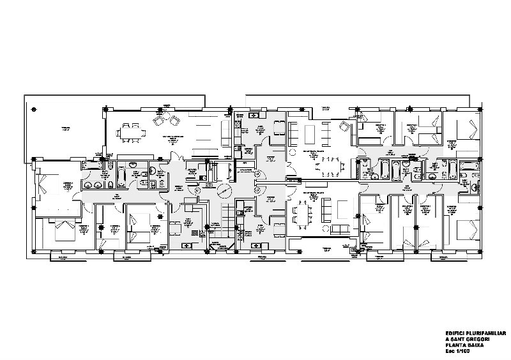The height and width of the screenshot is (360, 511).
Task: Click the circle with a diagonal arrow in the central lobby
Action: [222, 192]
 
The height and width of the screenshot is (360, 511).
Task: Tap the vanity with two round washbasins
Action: [92, 186]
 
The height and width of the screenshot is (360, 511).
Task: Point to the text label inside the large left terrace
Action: [65, 128]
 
